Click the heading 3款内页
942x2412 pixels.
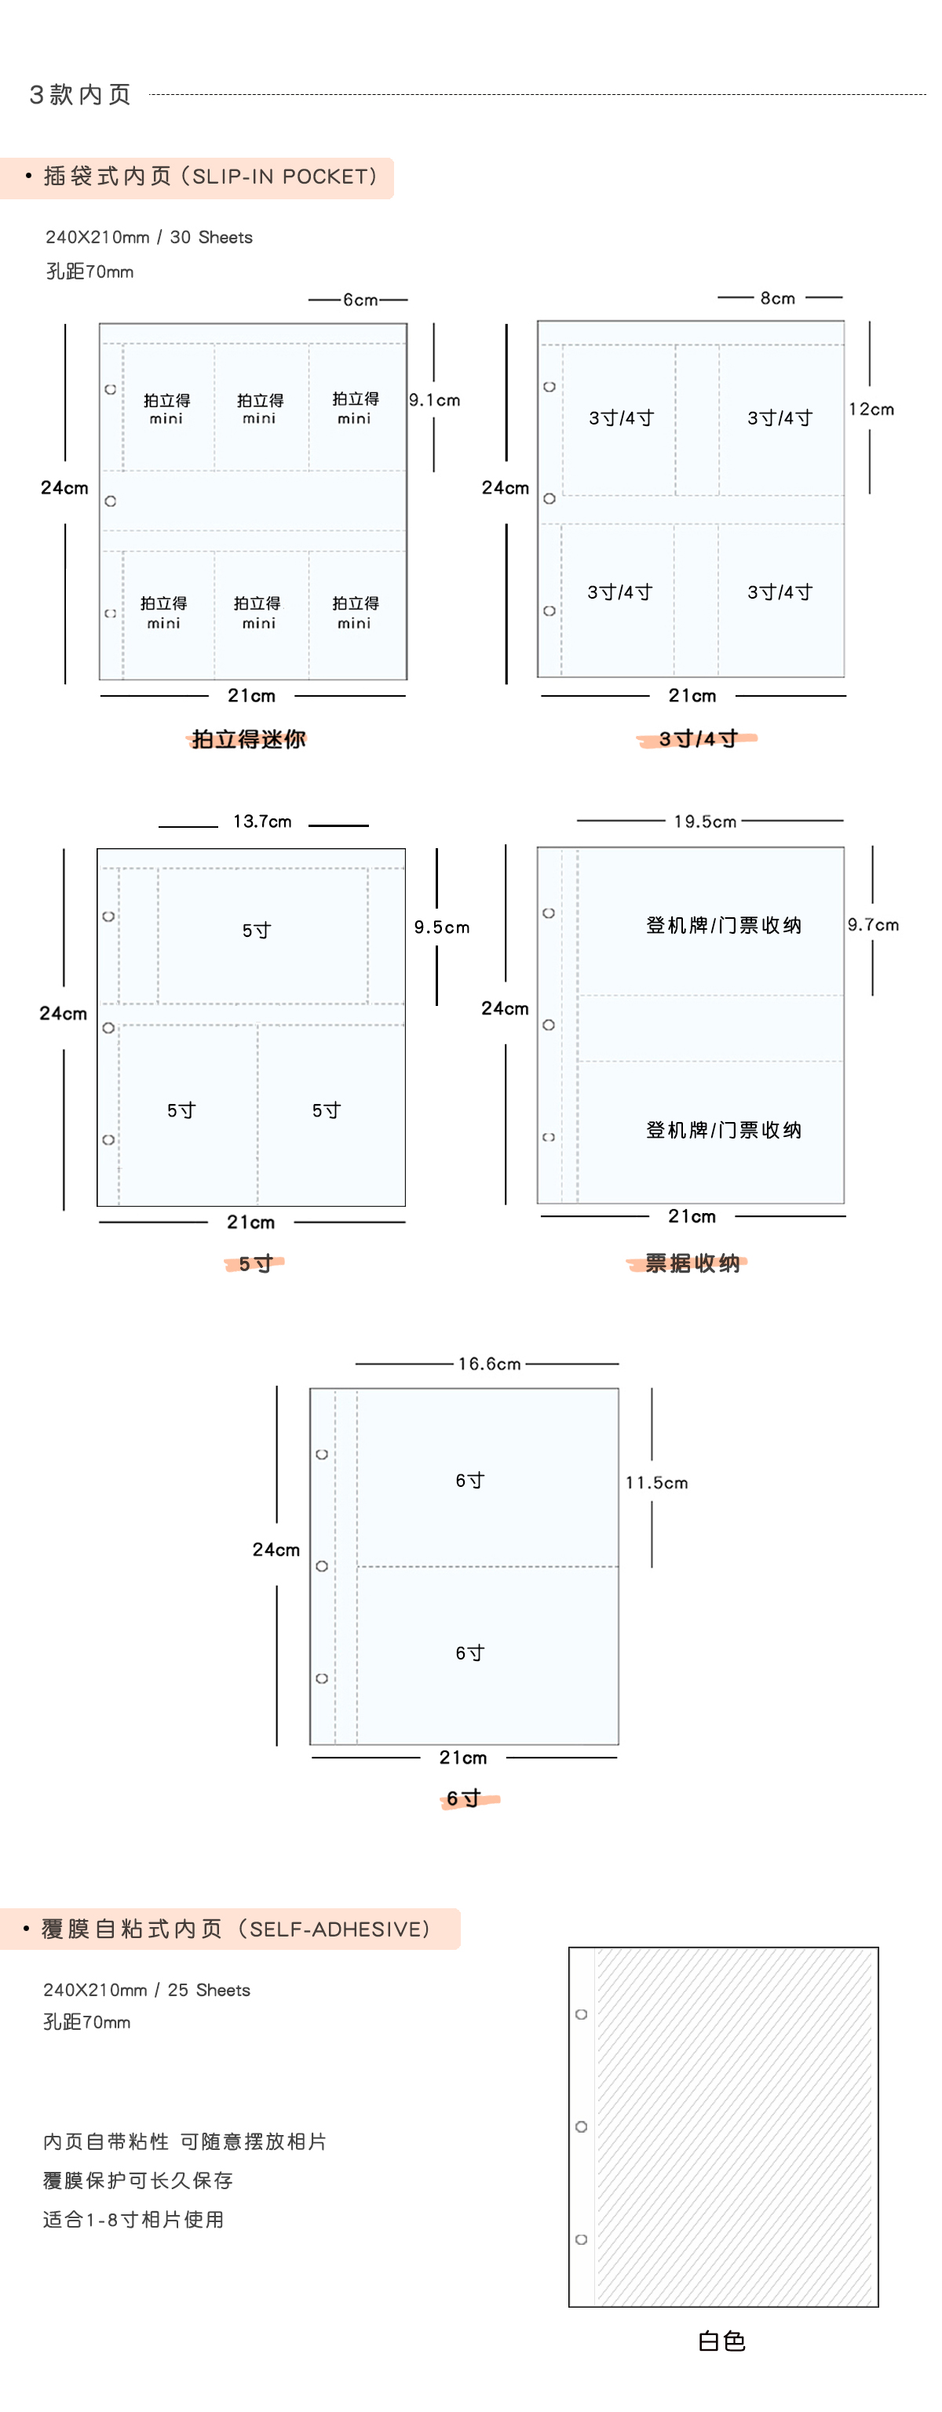[81, 95]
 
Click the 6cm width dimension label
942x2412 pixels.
[360, 300]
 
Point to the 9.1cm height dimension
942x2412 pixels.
[434, 400]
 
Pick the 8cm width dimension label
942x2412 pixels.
[777, 297]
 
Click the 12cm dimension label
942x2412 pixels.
[871, 409]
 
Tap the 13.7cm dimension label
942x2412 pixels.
[262, 822]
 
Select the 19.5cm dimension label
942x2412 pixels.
[705, 822]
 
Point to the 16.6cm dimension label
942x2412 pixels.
[489, 1363]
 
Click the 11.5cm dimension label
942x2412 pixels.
[656, 1482]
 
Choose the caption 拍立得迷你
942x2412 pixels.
[248, 739]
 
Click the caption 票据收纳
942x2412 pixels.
[692, 1263]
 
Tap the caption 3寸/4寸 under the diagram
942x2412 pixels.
[698, 739]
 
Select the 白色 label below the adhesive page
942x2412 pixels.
[722, 2341]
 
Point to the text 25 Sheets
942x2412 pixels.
[209, 1990]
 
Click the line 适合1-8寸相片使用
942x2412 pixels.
[133, 2219]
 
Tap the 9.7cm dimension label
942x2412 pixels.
[873, 924]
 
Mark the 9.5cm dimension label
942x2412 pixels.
[442, 927]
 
